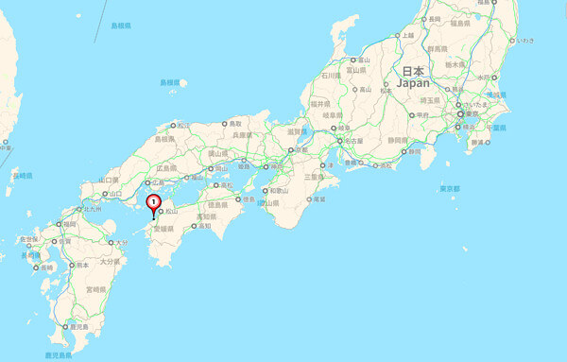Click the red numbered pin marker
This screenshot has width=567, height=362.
click(x=154, y=201)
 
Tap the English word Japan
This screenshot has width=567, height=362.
click(x=414, y=83)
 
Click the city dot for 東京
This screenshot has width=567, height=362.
click(x=459, y=113)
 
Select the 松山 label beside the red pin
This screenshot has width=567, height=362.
click(x=172, y=212)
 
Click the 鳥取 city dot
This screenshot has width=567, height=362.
click(x=224, y=124)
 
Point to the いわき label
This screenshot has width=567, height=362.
click(x=524, y=41)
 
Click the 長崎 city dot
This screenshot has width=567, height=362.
click(x=35, y=268)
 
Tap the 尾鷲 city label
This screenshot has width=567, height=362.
click(x=320, y=199)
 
